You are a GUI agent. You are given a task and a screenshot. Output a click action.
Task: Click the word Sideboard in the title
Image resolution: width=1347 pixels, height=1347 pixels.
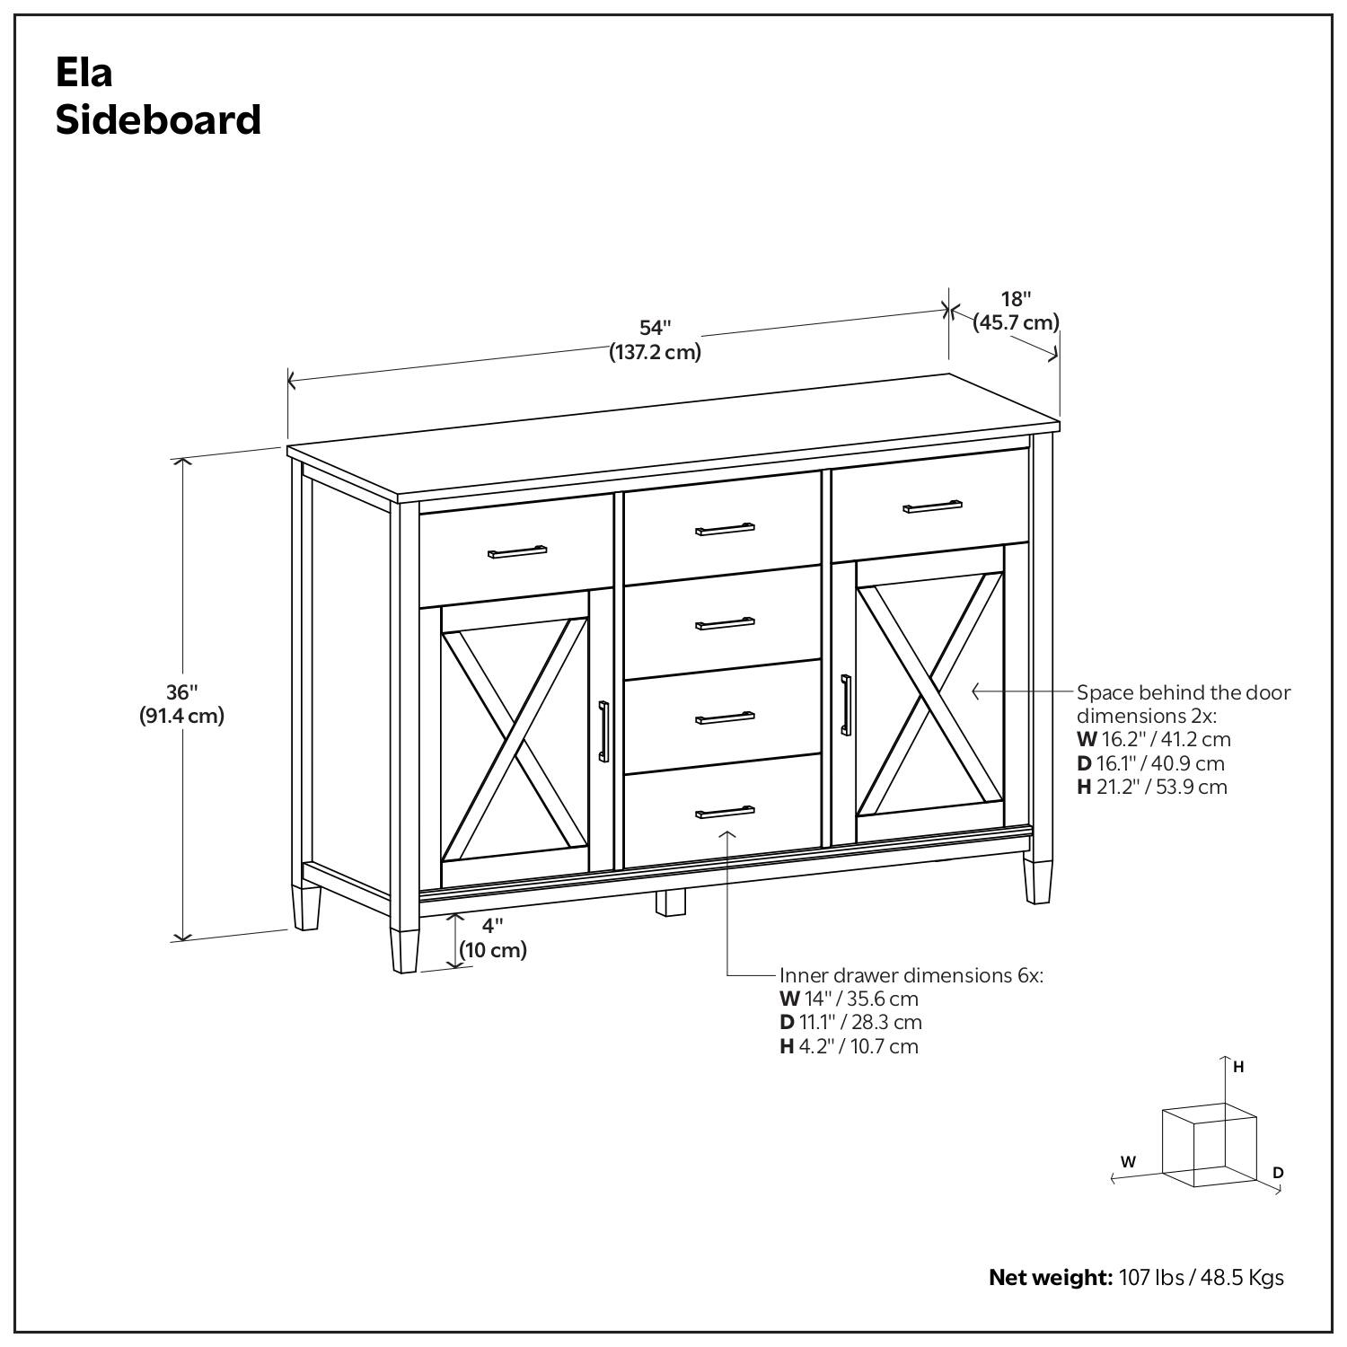(158, 119)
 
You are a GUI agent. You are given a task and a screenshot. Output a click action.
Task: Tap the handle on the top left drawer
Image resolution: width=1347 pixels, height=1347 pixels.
(517, 550)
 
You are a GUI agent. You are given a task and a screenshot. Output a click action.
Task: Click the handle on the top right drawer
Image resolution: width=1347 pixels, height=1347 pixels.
(932, 506)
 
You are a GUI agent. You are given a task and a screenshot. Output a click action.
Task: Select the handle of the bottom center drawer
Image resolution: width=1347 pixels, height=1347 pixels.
(725, 812)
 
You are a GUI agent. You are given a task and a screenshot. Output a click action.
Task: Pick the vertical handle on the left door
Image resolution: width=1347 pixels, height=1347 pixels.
(603, 732)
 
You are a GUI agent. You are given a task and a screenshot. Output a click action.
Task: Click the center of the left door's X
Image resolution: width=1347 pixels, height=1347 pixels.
(515, 743)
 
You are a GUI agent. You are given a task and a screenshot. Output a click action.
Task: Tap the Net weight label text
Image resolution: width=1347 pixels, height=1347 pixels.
(1050, 1277)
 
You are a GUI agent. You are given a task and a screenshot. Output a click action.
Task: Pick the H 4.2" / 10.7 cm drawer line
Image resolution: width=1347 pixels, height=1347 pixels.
(849, 1046)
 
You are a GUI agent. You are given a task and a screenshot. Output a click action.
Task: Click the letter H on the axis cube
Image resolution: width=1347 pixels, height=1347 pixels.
(1238, 1067)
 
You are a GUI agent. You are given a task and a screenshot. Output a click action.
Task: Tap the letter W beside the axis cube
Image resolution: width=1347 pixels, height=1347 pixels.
(1128, 1161)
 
